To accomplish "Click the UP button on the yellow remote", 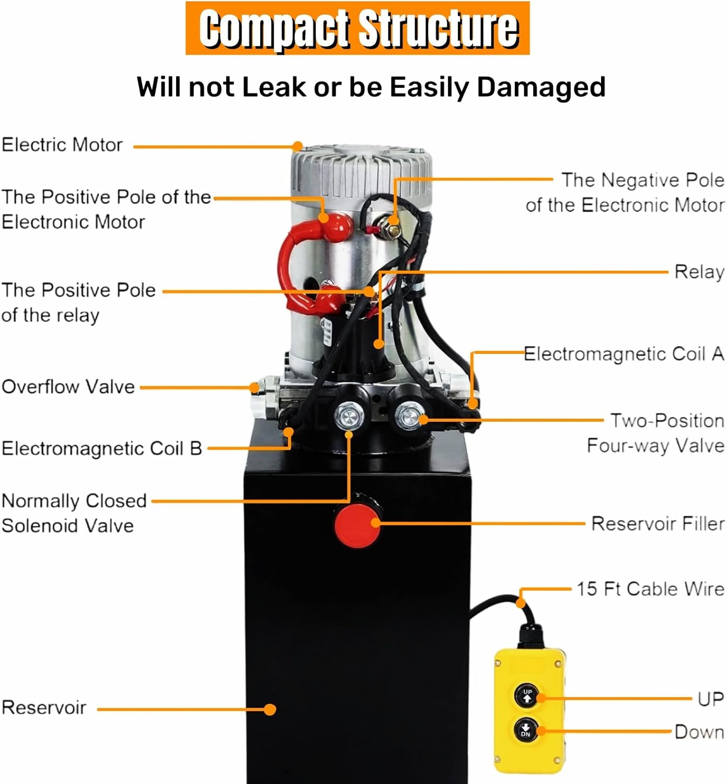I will pyautogui.click(x=527, y=696).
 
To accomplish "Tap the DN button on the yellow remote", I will pyautogui.click(x=525, y=730).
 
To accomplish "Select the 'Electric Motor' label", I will pyautogui.click(x=62, y=145).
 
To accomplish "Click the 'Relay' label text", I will pyautogui.click(x=699, y=272).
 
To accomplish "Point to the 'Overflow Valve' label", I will pyautogui.click(x=68, y=387).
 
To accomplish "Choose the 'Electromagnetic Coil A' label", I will pyautogui.click(x=624, y=354).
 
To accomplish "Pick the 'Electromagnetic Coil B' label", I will pyautogui.click(x=101, y=448).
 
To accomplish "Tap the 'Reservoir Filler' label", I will pyautogui.click(x=657, y=523).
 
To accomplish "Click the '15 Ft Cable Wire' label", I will pyautogui.click(x=650, y=589).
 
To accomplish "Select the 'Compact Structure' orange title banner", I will pyautogui.click(x=358, y=28).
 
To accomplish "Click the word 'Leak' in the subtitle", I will pyautogui.click(x=274, y=87).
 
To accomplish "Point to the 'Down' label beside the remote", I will pyautogui.click(x=699, y=732).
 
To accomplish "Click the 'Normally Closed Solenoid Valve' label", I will pyautogui.click(x=74, y=513).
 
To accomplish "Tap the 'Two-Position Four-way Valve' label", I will pyautogui.click(x=656, y=433).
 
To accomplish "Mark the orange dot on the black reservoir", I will pyautogui.click(x=270, y=709).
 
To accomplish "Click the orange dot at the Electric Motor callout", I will pyautogui.click(x=297, y=146).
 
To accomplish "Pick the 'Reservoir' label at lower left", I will pyautogui.click(x=44, y=708).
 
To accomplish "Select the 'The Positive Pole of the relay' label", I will pyautogui.click(x=78, y=303).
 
